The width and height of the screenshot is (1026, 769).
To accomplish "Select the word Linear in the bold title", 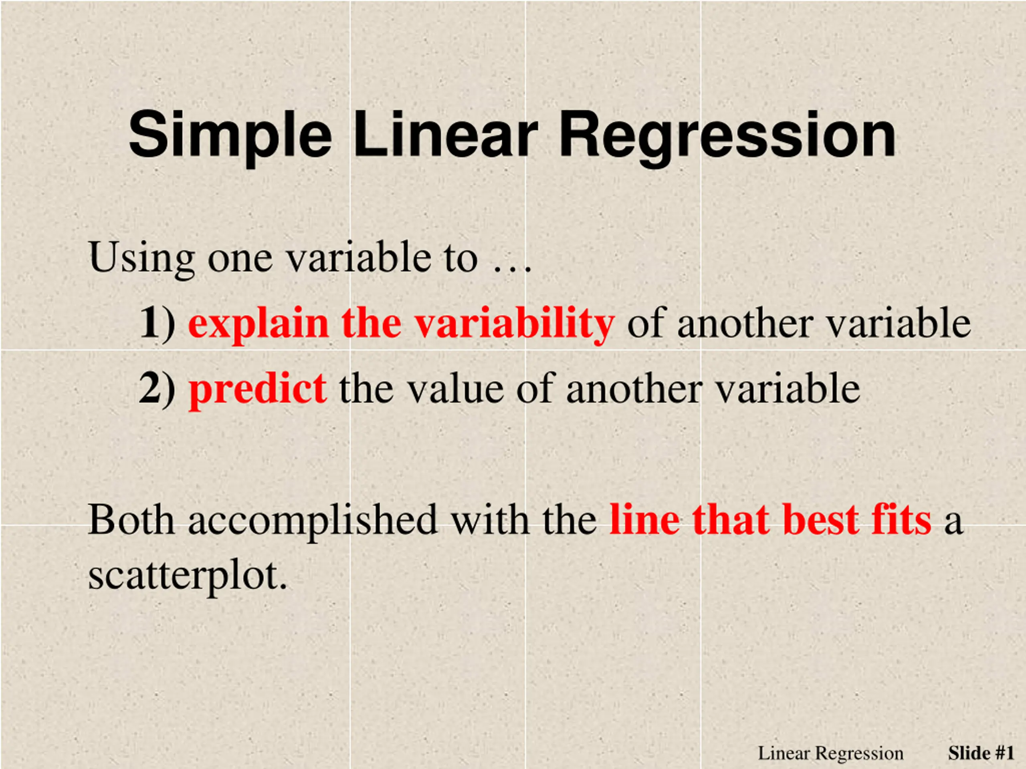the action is coord(445,135).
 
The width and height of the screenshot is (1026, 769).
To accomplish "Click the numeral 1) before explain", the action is coord(157,324).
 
